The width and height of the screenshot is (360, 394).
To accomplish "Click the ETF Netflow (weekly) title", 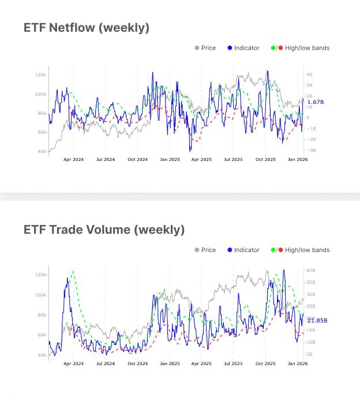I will coord(87,28).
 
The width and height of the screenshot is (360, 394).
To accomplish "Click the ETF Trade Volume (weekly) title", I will coord(104,230).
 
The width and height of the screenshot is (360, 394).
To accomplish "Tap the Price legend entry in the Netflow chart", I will coord(205,48).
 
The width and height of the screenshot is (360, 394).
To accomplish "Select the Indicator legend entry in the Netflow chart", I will coord(243,48).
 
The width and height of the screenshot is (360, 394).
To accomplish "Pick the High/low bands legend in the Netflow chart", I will coord(300,48).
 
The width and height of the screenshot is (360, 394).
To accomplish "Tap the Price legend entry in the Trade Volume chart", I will coord(205,250).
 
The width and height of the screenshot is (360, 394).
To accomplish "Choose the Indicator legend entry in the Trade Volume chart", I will coord(243,250).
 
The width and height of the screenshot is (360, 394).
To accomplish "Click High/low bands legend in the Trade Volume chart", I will coord(300,250).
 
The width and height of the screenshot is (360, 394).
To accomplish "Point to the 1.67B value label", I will coord(316,102).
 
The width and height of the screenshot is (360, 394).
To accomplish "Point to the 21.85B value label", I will coord(317,320).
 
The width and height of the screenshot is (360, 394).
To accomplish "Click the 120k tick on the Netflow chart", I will coord(40,75).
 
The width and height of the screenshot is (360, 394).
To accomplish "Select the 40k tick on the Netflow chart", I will coord(42,151).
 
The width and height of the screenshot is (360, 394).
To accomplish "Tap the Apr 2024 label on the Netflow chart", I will coord(73,160).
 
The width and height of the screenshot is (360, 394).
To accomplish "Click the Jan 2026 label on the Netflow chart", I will coord(298,160).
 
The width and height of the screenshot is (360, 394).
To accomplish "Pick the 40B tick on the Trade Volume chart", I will coord(310,270).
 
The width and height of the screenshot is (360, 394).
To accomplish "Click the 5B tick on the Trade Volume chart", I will coord(309,354).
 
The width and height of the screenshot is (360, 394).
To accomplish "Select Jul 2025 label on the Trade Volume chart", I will coord(233,363).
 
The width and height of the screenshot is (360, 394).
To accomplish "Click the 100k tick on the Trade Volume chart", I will coord(40,295).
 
